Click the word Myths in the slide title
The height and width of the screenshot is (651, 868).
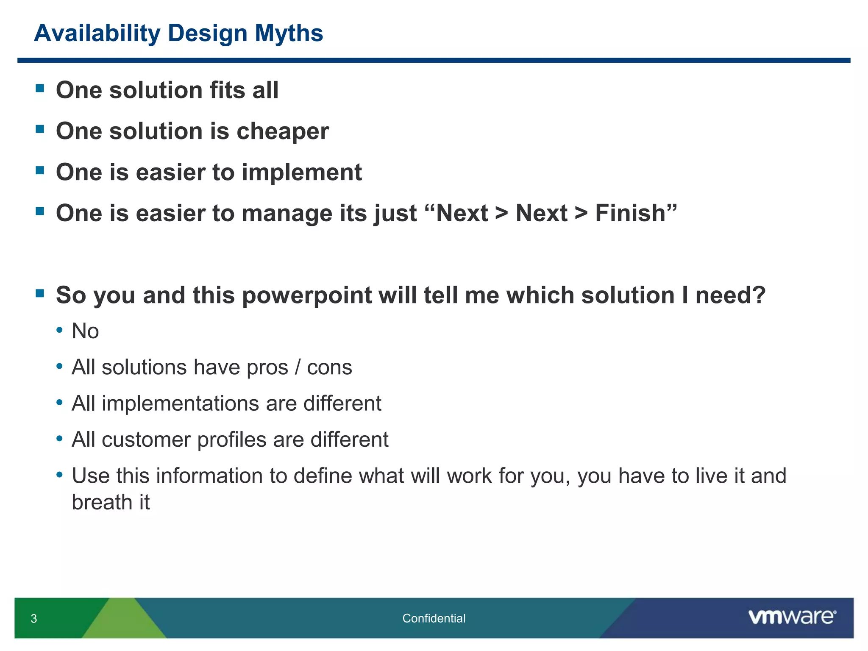click(289, 33)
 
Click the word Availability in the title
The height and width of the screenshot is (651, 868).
click(97, 33)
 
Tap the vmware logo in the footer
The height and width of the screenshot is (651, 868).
click(792, 617)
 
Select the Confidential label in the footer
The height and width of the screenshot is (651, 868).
click(434, 618)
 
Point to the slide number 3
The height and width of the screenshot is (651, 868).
click(34, 618)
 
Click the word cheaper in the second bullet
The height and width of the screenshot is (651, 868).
click(283, 131)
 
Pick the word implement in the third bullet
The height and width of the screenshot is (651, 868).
click(302, 172)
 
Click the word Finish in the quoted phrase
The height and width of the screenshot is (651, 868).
click(631, 213)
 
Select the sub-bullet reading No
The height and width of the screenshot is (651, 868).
click(85, 331)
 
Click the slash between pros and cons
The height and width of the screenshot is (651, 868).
click(298, 367)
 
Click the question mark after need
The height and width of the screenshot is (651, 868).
click(759, 295)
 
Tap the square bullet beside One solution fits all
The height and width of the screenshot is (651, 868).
click(40, 88)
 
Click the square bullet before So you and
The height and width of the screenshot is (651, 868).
click(40, 293)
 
